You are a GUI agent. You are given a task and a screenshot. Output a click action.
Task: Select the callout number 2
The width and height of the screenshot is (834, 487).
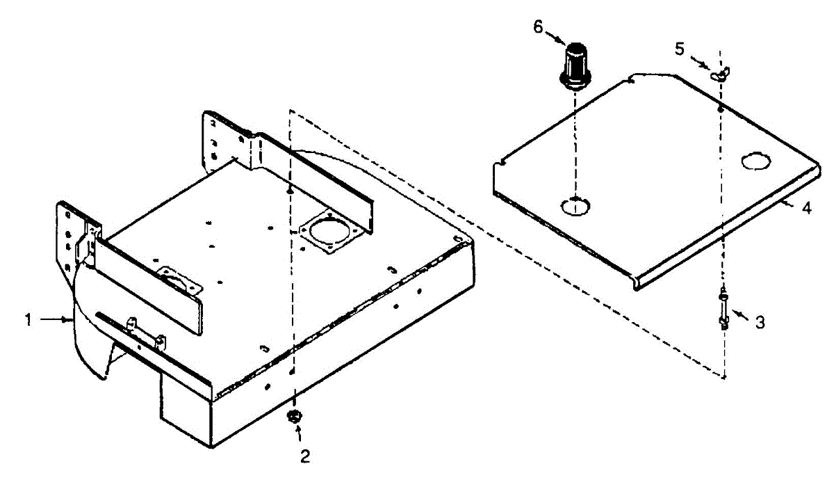coord(304,456)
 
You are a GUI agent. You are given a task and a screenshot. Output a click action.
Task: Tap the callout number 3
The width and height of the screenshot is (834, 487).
coord(760,322)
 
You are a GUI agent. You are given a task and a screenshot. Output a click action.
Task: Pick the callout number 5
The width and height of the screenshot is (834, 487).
coord(680,49)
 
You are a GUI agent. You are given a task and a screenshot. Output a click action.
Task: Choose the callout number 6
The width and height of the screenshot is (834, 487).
coord(538,26)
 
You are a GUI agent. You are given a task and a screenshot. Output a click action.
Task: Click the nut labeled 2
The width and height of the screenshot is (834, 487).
coord(293,417)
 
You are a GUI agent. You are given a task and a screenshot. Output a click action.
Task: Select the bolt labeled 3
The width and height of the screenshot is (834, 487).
coord(723,308)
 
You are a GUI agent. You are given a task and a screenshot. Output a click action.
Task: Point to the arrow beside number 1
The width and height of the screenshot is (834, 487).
coord(56,319)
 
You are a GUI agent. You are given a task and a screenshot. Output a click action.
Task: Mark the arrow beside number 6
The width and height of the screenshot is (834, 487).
coord(555,35)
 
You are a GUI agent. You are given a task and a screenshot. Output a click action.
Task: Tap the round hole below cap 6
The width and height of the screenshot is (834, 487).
coord(575,205)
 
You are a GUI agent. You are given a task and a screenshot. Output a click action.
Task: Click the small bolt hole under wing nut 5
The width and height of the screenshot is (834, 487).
coord(721,109)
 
